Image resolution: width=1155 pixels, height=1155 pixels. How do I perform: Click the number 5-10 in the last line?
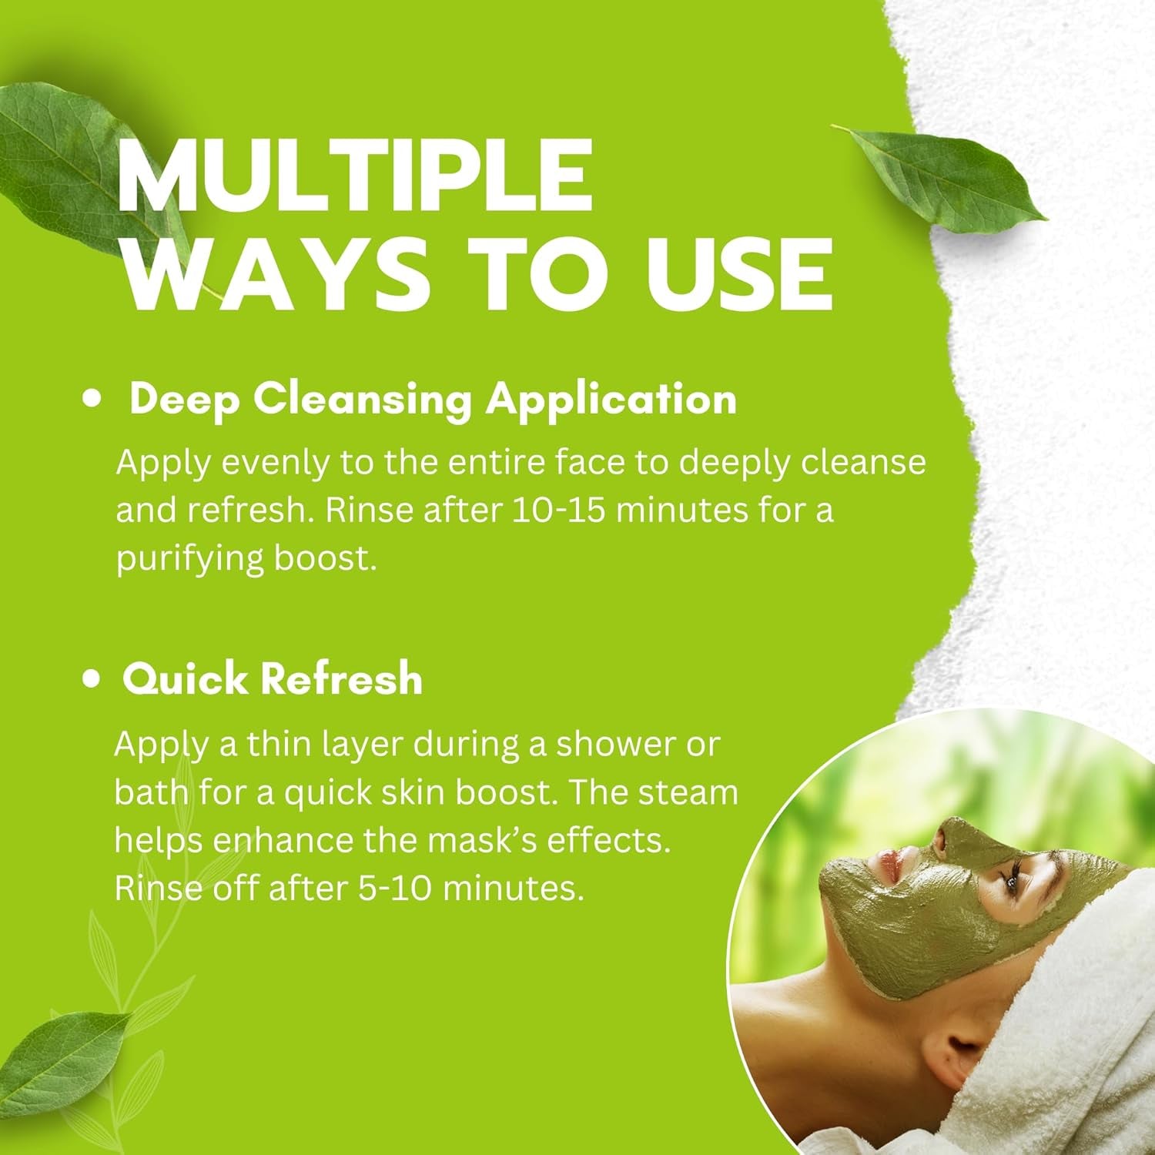coord(394,888)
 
